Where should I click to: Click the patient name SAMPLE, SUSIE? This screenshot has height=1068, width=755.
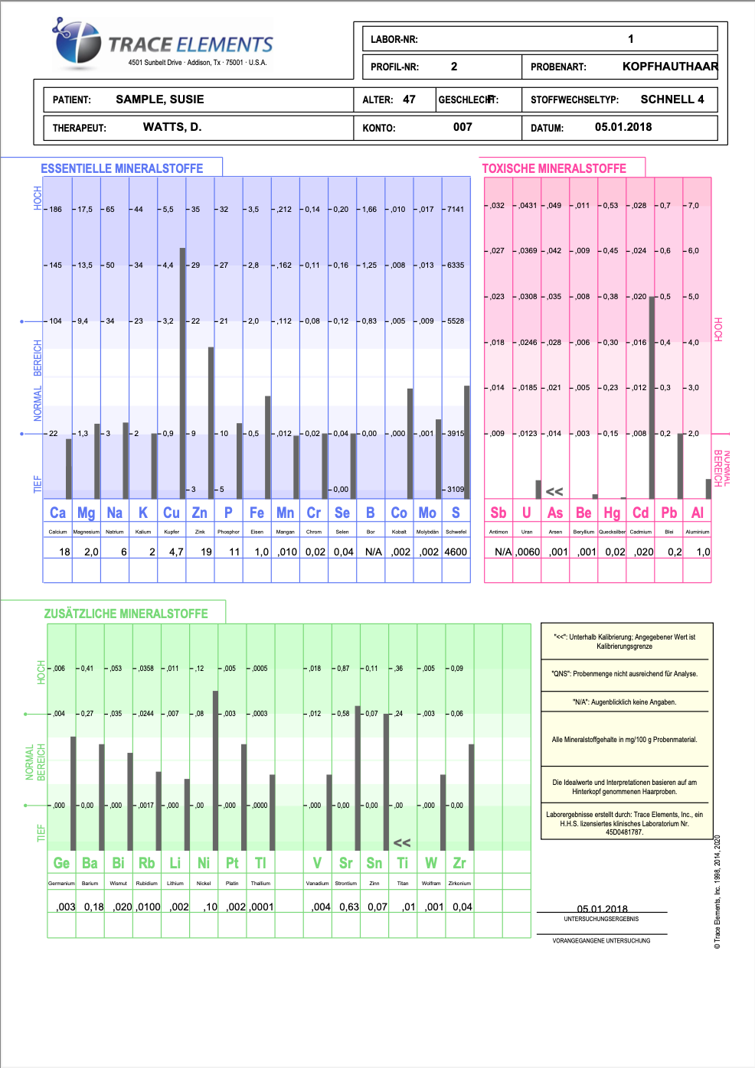(159, 99)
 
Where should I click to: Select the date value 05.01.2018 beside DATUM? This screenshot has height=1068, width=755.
(623, 127)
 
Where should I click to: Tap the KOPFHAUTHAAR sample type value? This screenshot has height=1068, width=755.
(670, 67)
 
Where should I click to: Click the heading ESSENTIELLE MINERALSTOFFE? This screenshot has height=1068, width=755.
(122, 168)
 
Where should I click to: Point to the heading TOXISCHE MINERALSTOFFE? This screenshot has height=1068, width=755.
(554, 168)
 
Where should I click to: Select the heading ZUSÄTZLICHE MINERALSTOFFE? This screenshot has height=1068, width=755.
(126, 614)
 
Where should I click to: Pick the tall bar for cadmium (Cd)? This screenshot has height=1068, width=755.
(652, 397)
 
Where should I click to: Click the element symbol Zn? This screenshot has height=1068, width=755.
(200, 513)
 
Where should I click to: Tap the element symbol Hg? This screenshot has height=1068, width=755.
(612, 513)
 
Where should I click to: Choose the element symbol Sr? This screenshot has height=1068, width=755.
(346, 863)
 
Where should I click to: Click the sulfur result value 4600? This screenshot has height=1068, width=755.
(456, 552)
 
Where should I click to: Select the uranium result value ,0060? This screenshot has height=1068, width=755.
(528, 552)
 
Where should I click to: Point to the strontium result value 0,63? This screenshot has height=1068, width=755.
(349, 907)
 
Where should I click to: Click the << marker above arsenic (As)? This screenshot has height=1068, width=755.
(554, 492)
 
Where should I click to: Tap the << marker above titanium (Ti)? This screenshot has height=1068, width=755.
(402, 842)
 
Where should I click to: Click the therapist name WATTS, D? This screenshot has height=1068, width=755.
(172, 127)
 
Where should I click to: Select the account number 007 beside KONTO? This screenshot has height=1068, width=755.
(462, 127)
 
